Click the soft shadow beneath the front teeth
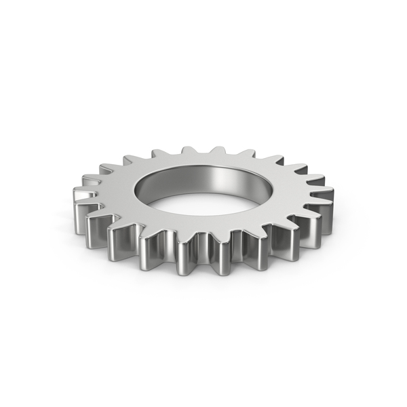[203, 278]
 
